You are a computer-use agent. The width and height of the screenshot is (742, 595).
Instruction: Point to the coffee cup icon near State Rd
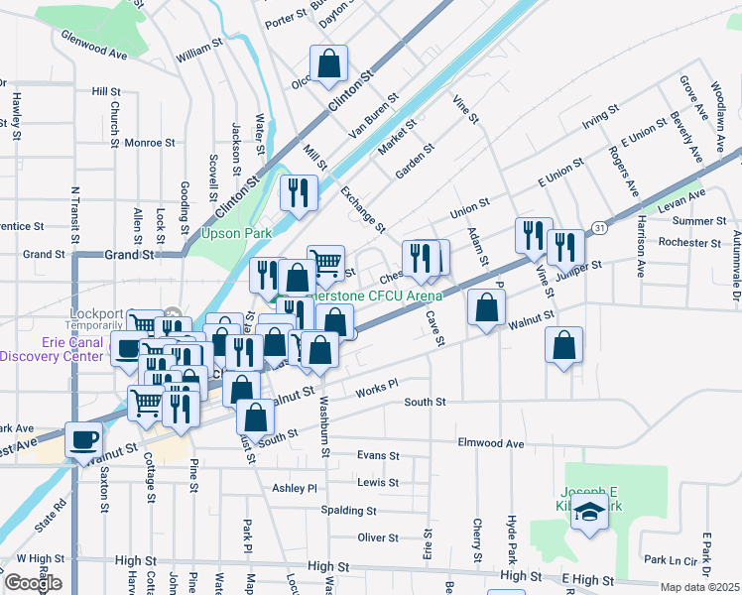(83, 438)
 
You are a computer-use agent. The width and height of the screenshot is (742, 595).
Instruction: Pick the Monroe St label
(150, 142)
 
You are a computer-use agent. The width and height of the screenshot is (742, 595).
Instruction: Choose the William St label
(199, 47)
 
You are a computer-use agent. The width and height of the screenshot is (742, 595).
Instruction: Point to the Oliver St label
(378, 537)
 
